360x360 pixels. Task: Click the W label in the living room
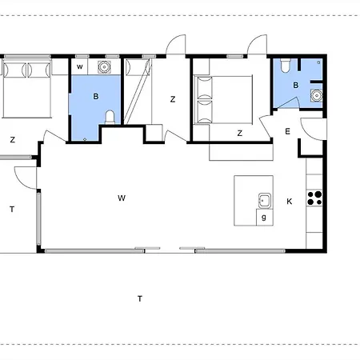click(x=122, y=198)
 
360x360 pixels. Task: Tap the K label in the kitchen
click(x=289, y=202)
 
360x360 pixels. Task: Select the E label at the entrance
click(x=287, y=133)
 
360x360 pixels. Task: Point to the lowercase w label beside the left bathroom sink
click(x=79, y=67)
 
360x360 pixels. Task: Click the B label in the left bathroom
click(x=95, y=96)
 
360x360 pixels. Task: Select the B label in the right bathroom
click(x=295, y=86)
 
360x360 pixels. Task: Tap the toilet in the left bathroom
click(x=110, y=118)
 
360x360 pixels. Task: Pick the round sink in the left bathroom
click(x=103, y=67)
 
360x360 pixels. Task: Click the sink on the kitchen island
click(x=263, y=199)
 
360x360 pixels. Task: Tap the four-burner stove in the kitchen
click(x=316, y=194)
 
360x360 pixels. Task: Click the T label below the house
click(x=139, y=299)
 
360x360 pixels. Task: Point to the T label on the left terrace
click(x=12, y=210)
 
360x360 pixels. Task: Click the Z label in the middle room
click(x=172, y=99)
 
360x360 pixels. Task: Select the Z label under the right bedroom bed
click(x=239, y=134)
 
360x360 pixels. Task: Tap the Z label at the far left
click(x=12, y=140)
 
